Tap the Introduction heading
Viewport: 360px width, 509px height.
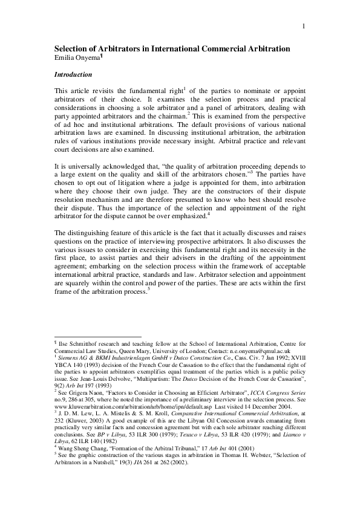(x=73, y=75)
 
